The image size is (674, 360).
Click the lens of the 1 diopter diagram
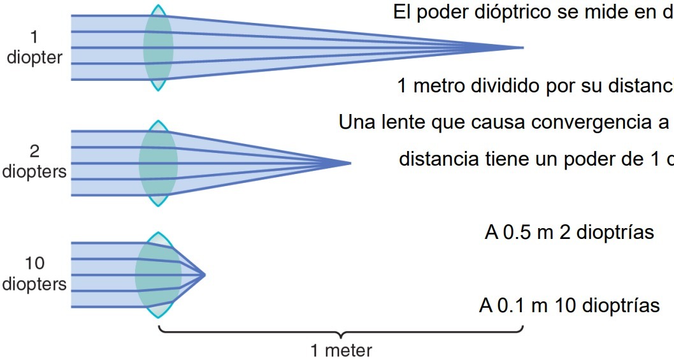pyautogui.click(x=158, y=48)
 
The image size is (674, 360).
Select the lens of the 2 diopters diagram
pyautogui.click(x=158, y=163)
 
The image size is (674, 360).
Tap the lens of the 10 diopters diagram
pyautogui.click(x=158, y=275)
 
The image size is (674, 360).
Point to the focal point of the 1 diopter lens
pyautogui.click(x=522, y=48)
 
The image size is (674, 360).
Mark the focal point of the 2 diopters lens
pyautogui.click(x=350, y=163)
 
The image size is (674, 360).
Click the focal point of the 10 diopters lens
pyautogui.click(x=204, y=275)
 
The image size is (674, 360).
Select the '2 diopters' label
pyautogui.click(x=34, y=162)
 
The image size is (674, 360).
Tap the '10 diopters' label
pyautogui.click(x=34, y=274)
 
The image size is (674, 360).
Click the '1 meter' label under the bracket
pyautogui.click(x=341, y=350)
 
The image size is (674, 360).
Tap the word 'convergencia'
pyautogui.click(x=589, y=122)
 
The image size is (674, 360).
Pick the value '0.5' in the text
pyautogui.click(x=518, y=233)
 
